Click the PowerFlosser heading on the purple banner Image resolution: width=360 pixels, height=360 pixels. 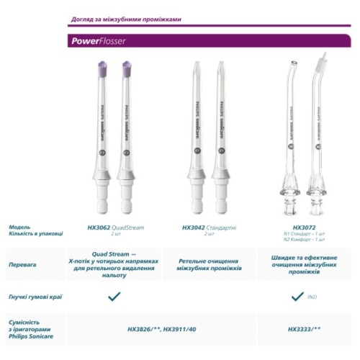coord(99,41)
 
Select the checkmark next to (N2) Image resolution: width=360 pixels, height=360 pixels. coord(296,296)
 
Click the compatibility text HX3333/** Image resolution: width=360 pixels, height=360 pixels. coord(304,328)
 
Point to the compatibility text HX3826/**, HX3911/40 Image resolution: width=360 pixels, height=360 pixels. coord(161,328)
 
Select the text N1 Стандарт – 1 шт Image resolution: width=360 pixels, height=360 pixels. coord(305,234)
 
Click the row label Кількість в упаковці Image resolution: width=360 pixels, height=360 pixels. coord(35,234)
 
